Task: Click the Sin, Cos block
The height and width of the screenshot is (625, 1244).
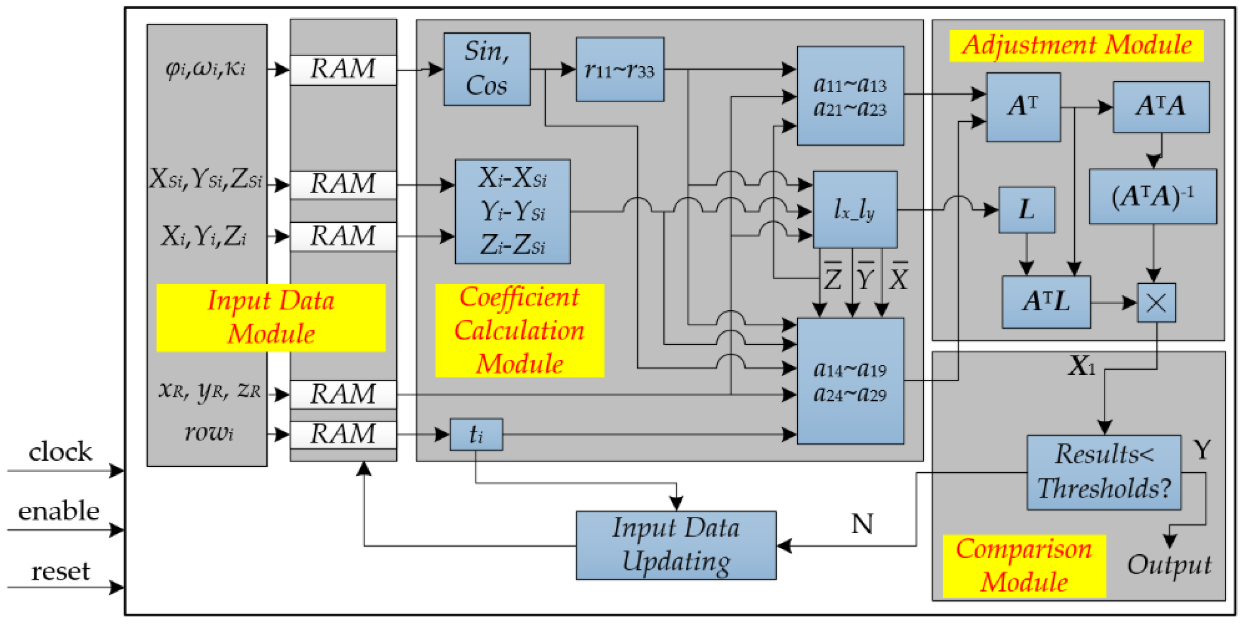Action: click(x=487, y=69)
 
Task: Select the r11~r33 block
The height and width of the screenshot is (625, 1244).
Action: click(x=619, y=69)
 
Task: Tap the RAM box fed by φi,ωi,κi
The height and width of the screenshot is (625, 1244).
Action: click(x=343, y=69)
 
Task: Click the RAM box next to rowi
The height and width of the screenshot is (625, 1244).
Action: click(x=343, y=434)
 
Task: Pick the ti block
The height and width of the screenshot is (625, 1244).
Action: click(x=476, y=434)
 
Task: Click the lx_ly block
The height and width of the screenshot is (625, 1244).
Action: click(x=855, y=210)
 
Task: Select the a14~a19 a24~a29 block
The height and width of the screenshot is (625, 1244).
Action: click(x=850, y=381)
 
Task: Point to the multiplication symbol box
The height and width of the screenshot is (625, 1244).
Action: click(x=1156, y=303)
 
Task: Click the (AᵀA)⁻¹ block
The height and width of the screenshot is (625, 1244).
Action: click(x=1153, y=196)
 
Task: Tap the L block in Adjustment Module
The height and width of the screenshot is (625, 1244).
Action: click(x=1027, y=210)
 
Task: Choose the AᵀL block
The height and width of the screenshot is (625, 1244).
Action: click(x=1046, y=302)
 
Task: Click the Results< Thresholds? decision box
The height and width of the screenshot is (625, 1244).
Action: click(x=1104, y=473)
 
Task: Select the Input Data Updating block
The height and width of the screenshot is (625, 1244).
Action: click(x=676, y=546)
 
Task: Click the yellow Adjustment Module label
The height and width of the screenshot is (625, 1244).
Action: click(x=1076, y=46)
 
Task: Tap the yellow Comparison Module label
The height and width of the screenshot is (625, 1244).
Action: click(x=1024, y=566)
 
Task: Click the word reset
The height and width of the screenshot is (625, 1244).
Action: click(x=60, y=572)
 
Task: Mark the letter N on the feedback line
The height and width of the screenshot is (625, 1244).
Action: click(x=862, y=524)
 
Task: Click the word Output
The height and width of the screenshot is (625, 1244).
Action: click(x=1169, y=565)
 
